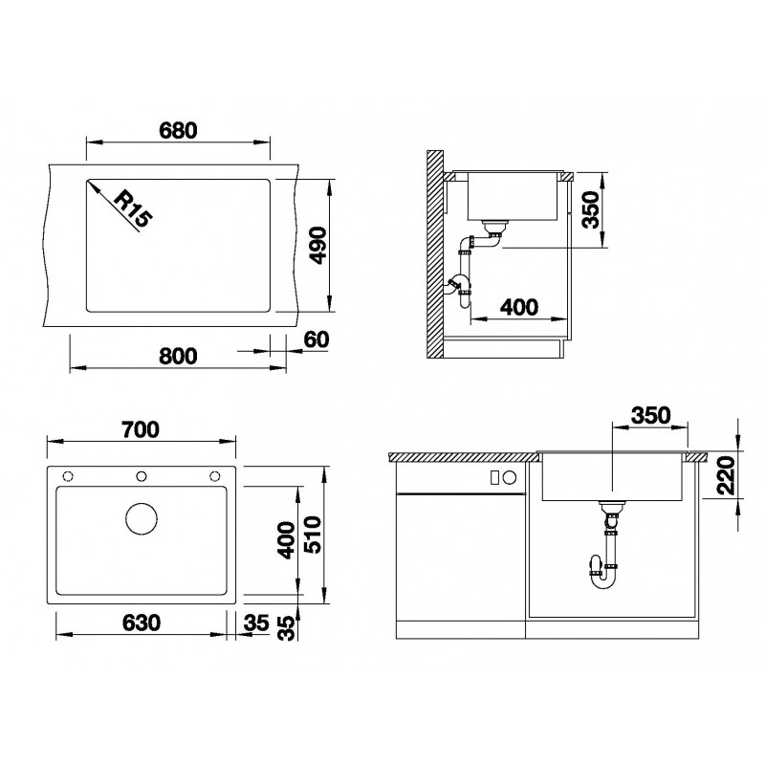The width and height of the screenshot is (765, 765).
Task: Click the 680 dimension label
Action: [x=178, y=130]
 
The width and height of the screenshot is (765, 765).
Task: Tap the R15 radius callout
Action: [x=133, y=208]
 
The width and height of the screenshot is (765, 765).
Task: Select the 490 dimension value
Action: [x=318, y=245]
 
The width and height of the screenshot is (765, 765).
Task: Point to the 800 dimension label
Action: [x=178, y=356]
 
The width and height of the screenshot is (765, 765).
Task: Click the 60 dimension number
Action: [x=317, y=339]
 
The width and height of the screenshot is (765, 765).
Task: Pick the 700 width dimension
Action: [x=140, y=429]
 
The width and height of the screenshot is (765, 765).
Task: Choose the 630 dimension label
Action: [x=141, y=623]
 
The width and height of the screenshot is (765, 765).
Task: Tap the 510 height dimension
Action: [x=313, y=535]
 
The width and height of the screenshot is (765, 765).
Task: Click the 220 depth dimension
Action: [x=727, y=475]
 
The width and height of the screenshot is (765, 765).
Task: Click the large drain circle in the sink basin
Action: [x=142, y=518]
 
